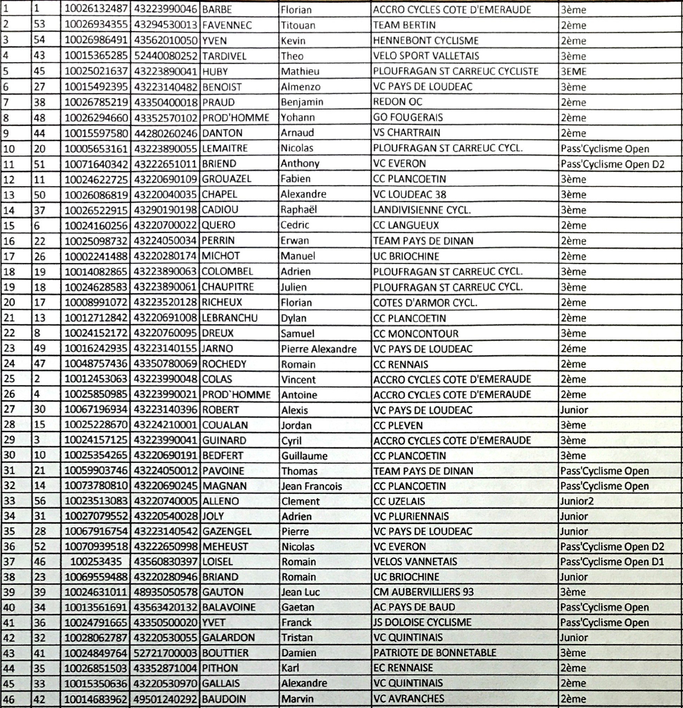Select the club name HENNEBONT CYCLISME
425,40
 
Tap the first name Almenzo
300,87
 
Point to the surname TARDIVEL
224,56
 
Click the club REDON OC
397,102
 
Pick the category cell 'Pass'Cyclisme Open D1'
612,562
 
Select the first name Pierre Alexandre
319,349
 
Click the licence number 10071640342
96,164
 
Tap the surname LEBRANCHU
229,318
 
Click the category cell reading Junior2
576,501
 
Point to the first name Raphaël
299,209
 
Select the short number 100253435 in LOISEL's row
96,562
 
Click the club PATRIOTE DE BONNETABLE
435,653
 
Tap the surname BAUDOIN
224,699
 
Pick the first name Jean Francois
311,486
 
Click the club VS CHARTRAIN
406,132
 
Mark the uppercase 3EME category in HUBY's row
574,71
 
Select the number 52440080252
166,56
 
